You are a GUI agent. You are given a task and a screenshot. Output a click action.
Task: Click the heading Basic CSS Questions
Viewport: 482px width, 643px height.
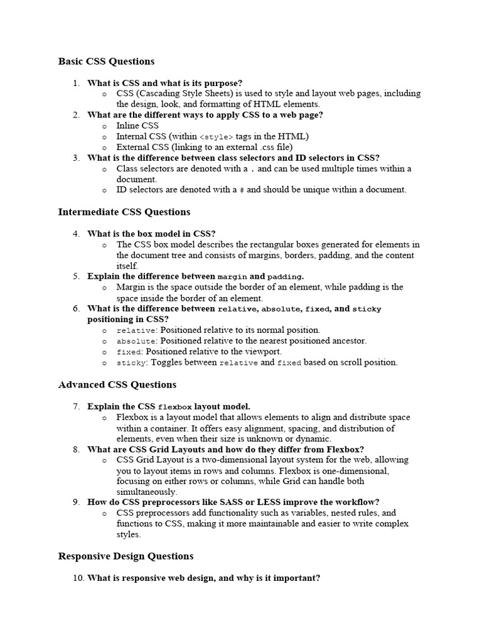[106, 62]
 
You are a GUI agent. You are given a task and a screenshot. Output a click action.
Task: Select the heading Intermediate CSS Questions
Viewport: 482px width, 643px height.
[124, 212]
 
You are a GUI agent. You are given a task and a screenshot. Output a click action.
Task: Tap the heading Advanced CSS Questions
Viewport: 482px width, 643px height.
[117, 384]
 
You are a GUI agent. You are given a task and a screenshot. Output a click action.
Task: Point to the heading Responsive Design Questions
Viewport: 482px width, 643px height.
[126, 556]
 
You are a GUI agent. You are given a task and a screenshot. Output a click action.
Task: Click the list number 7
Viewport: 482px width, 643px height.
[76, 407]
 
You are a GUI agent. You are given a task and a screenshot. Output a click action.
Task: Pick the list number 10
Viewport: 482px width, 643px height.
[78, 578]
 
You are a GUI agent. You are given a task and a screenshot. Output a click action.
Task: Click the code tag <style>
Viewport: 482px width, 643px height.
[216, 137]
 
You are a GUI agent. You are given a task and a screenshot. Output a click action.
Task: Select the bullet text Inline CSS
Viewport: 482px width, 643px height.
[137, 126]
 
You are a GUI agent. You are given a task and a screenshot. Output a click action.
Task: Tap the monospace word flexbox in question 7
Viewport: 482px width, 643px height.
[175, 407]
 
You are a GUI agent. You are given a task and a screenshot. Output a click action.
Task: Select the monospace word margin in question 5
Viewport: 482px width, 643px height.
[232, 277]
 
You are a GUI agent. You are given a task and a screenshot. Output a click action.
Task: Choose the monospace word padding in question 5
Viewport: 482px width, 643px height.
[285, 277]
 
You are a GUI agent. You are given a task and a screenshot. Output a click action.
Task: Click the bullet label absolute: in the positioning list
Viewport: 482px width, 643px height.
[137, 341]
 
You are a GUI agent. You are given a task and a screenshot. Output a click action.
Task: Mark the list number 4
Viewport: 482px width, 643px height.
[76, 234]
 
